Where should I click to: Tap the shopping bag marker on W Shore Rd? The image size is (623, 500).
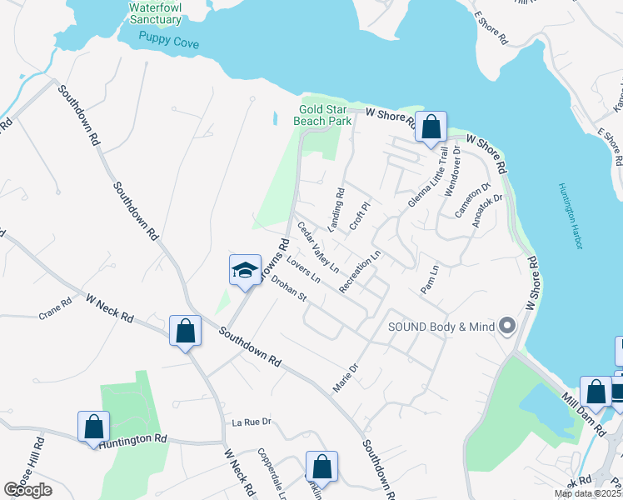coord(431,127)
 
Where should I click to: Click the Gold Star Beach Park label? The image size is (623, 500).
coord(322,115)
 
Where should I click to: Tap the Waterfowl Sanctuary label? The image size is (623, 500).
coord(155,13)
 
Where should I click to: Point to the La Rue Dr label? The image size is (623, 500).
coord(252,422)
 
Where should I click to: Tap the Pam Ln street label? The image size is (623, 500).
coord(430,279)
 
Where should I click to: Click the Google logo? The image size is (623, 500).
coord(27,490)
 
